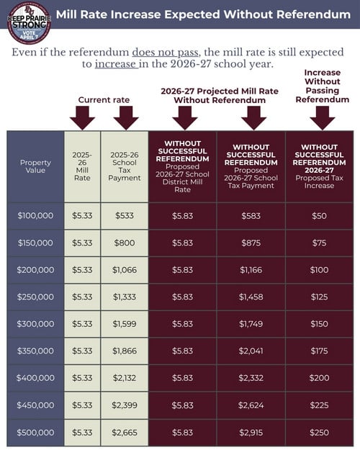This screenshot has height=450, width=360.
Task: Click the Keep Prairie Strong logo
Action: coord(28,22)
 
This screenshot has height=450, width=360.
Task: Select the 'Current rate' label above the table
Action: coord(103,99)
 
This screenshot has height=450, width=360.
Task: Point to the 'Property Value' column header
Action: coord(35,166)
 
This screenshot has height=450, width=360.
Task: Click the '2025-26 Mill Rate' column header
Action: coord(82,166)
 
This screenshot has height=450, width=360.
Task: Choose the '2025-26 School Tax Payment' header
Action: coord(125,166)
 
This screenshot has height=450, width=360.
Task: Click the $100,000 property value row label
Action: coord(35,215)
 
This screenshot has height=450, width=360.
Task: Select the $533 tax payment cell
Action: coord(125,215)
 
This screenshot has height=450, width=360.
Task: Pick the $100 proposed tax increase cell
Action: coord(319,269)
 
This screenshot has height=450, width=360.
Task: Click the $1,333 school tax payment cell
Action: coord(125,297)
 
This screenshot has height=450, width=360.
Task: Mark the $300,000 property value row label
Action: coord(35,324)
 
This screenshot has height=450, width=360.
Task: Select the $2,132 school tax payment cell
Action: coord(125,378)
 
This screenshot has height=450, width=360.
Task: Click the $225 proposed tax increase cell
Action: coord(319,405)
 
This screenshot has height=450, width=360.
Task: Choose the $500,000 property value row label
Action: coord(35,432)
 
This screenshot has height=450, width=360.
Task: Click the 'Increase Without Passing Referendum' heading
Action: coord(322,86)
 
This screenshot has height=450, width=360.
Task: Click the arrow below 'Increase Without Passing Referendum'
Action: coord(322,117)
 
